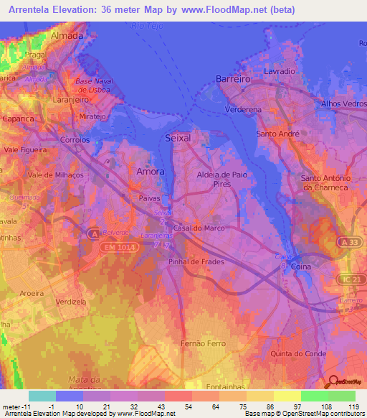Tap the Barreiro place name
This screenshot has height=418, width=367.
point(233,80)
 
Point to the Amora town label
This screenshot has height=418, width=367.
point(151,172)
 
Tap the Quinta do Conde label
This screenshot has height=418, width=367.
point(299,353)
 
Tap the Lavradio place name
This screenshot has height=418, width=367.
point(279,73)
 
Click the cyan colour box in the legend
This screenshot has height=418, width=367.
point(42,396)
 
